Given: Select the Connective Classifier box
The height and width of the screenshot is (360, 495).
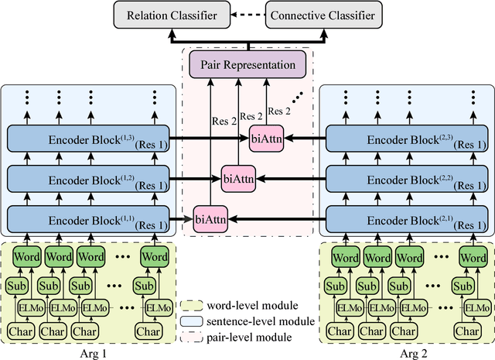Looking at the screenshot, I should coord(320,13).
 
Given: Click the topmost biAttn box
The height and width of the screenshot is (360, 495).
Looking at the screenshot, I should coord(267,139).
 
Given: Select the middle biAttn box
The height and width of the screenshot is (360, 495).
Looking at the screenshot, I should coord(237,177).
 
